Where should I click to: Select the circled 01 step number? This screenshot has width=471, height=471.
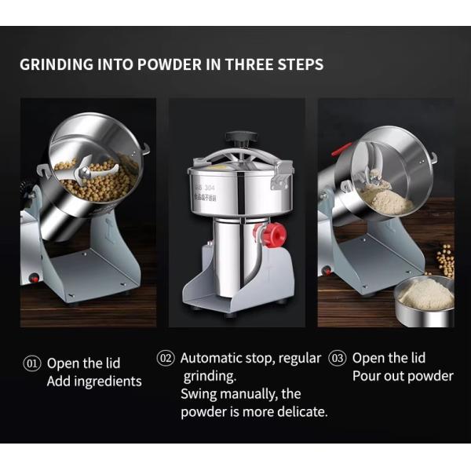pyautogui.click(x=31, y=363)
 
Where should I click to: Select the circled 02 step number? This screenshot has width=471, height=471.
pyautogui.click(x=166, y=358)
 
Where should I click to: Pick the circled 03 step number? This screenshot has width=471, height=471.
pyautogui.click(x=337, y=358)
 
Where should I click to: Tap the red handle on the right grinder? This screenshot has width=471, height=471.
pyautogui.click(x=341, y=148)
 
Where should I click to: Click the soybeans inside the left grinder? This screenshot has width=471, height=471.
pyautogui.click(x=94, y=183)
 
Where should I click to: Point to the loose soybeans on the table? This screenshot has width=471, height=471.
pyautogui.click(x=445, y=259)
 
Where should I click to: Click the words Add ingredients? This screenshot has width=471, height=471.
pyautogui.click(x=94, y=382)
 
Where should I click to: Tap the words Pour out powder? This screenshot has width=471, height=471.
pyautogui.click(x=403, y=376)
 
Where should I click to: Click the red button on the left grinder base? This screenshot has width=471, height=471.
pyautogui.click(x=34, y=277)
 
